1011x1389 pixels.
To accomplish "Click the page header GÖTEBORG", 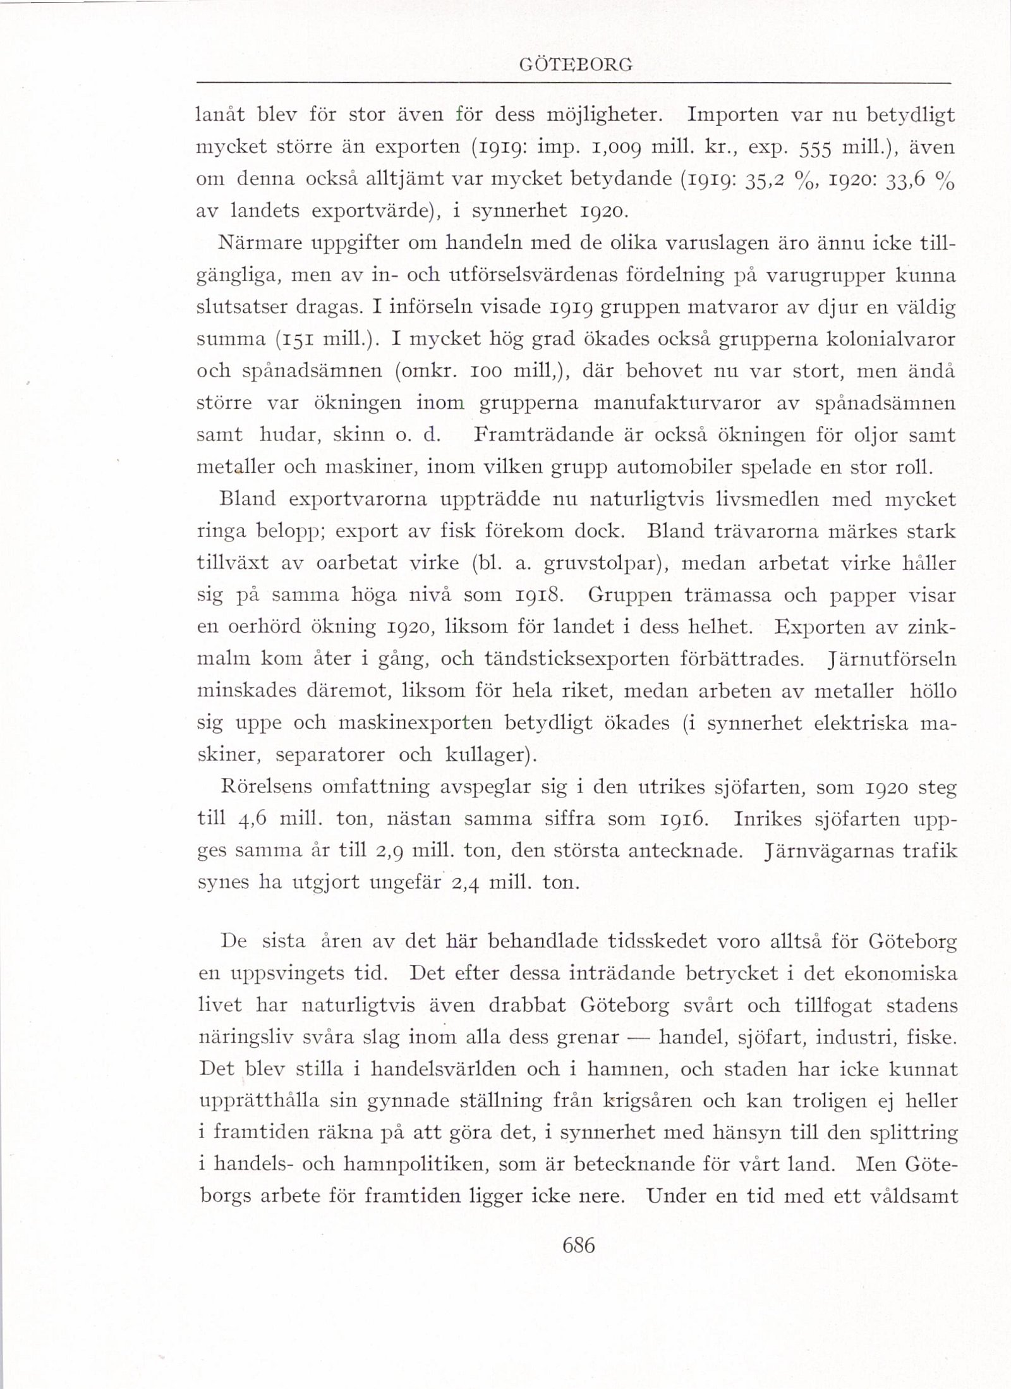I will tap(574, 65).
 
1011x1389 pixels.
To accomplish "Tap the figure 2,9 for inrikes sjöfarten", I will tap(387, 851).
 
